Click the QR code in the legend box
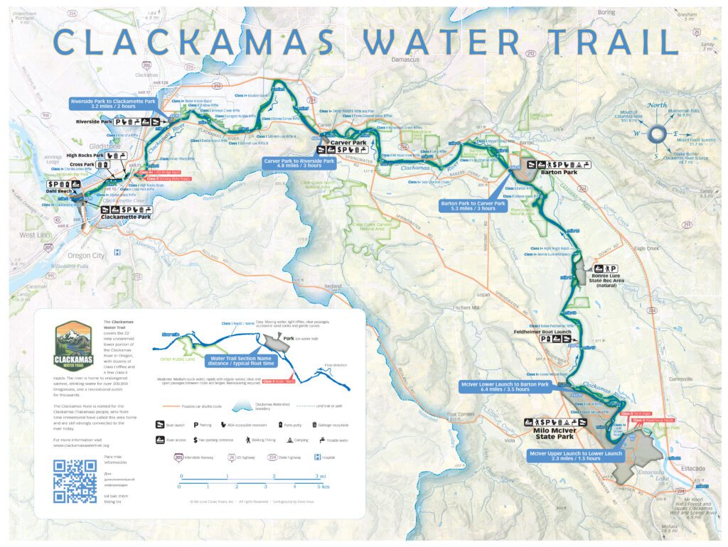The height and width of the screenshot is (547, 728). tap(75, 481)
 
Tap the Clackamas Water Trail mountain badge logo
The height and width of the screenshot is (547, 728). tap(73, 346)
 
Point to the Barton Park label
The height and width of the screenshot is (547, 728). tap(557, 171)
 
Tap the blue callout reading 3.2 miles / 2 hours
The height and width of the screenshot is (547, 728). tap(113, 106)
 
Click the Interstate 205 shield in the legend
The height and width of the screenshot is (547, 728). tap(178, 457)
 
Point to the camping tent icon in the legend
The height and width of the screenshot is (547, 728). tap(289, 440)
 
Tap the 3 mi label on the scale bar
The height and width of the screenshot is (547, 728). tap(321, 477)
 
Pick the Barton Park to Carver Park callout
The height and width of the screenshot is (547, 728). tap(473, 207)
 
